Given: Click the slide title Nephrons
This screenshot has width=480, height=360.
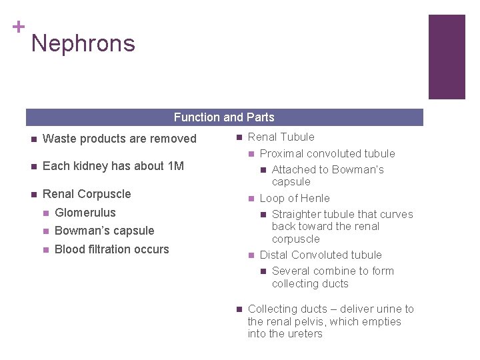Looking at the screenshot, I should click(x=83, y=44).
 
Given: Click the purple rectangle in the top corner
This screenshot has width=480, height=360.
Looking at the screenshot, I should click(x=446, y=57).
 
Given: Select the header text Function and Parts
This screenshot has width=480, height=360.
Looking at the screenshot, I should click(x=224, y=117).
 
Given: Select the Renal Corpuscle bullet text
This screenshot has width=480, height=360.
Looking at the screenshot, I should click(x=87, y=194).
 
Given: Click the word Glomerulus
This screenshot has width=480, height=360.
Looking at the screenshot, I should click(x=85, y=213).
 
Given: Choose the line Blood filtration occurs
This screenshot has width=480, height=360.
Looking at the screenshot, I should click(x=112, y=249).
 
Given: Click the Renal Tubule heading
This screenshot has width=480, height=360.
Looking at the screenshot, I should click(x=281, y=137).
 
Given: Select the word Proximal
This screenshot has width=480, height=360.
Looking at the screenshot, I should click(x=280, y=153).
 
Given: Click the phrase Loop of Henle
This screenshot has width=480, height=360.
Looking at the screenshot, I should click(x=295, y=198).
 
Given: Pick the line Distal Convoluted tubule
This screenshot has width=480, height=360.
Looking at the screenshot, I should click(x=321, y=255).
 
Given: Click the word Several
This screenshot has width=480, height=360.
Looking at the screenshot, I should click(x=290, y=271).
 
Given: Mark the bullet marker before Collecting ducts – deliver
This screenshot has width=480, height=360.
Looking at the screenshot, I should click(x=238, y=309).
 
